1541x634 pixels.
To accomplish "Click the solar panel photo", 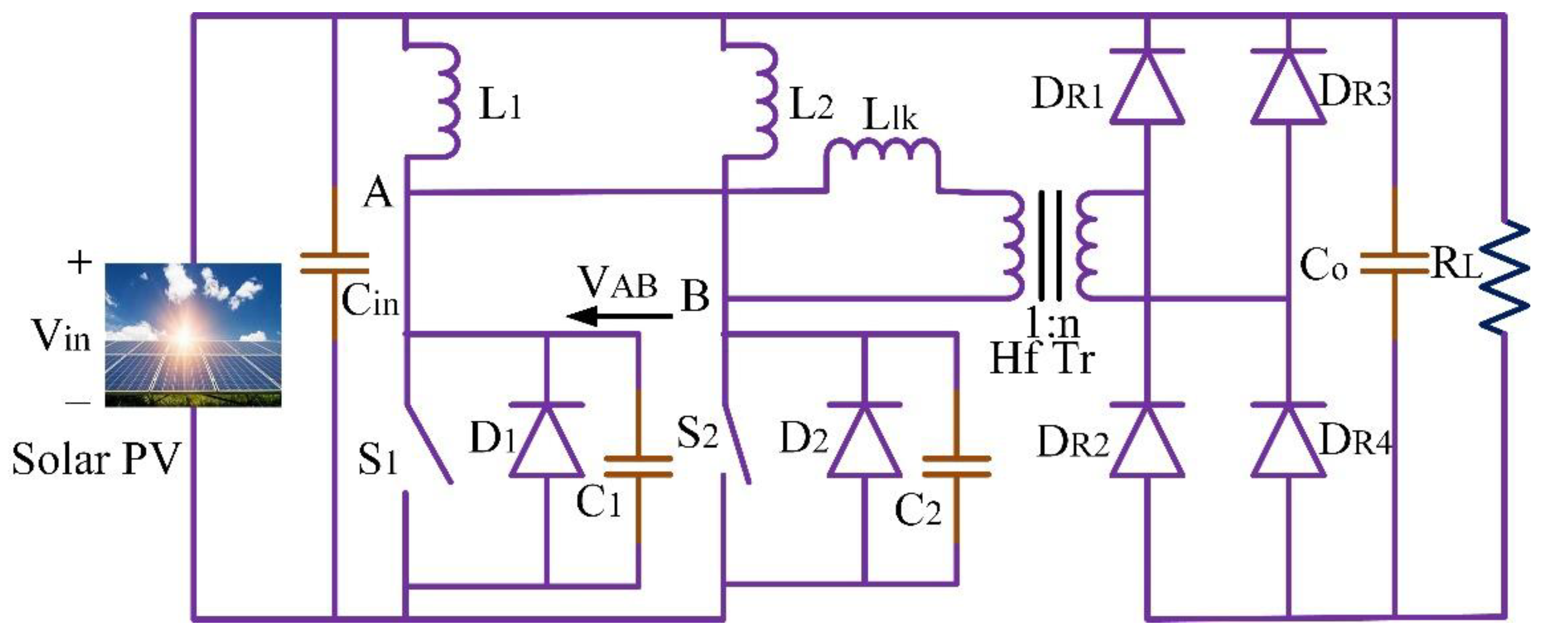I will coord(193,335).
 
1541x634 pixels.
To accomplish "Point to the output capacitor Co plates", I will coord(1394,264).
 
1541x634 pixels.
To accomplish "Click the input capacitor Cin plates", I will coord(334,264).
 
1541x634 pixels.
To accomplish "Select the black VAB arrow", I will coord(619,315).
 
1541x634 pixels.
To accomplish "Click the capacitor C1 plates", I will coord(639,467).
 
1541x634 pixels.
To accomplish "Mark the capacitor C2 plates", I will coord(956,467).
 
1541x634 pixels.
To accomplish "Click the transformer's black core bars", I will coord(1051,246).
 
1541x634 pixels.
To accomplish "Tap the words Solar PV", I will coord(96,460).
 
